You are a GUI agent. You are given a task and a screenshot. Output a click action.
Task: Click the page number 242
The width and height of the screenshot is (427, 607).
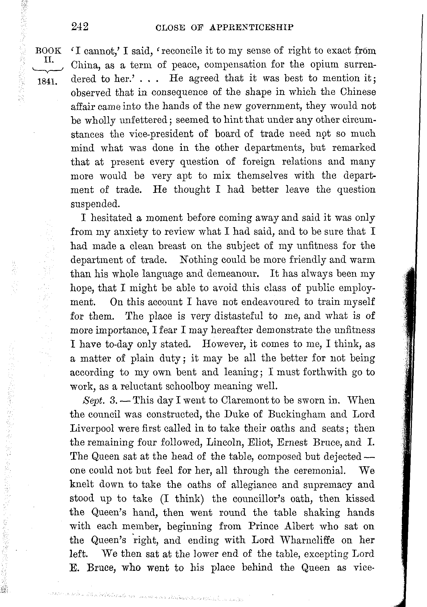[x=80, y=27]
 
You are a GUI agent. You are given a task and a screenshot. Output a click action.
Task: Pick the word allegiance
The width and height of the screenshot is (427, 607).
[x=253, y=485]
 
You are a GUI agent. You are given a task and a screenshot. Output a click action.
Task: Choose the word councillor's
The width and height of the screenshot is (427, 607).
[x=259, y=499]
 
